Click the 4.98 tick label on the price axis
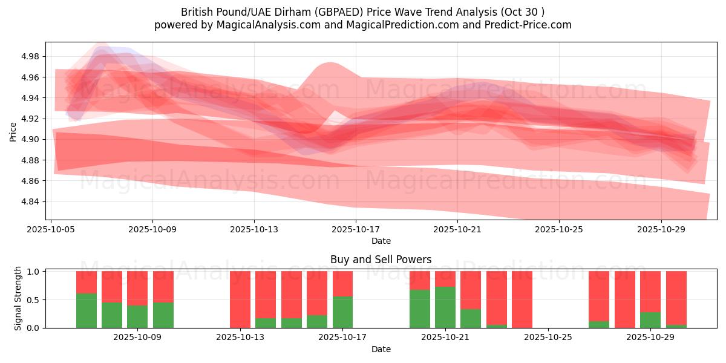pos(30,56)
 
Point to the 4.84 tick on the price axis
pos(30,201)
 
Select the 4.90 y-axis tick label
pos(30,139)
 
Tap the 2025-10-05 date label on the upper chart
pos(51,230)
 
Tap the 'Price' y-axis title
pos(13,131)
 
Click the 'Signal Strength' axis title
pos(18,298)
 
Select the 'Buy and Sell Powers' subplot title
pos(381,260)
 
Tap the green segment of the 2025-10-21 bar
pos(445,307)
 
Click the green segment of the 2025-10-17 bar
pos(342,312)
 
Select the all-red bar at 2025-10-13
pos(240,299)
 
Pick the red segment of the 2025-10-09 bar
pos(163,286)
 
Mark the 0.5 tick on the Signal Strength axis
pos(33,299)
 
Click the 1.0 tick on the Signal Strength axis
pos(33,272)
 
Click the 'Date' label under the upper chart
pos(381,241)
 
